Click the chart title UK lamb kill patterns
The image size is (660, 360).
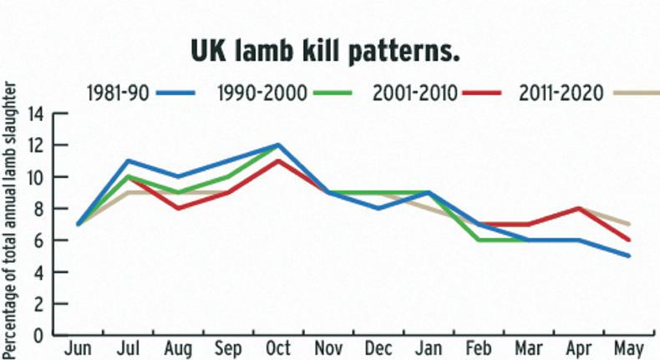pyautogui.click(x=326, y=52)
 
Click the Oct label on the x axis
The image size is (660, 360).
pyautogui.click(x=278, y=347)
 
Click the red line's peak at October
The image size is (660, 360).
pyautogui.click(x=278, y=160)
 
